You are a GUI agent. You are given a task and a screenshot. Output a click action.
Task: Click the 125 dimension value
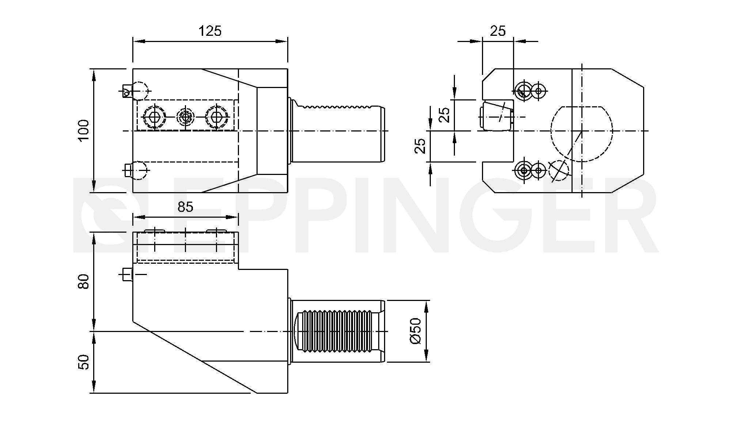click(210, 31)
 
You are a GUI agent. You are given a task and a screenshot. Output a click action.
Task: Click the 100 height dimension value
click(84, 130)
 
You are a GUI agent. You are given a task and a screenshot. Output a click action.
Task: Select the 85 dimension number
click(185, 207)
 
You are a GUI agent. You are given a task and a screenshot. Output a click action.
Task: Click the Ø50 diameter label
click(416, 331)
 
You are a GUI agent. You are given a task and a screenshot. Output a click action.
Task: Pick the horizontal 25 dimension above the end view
click(498, 31)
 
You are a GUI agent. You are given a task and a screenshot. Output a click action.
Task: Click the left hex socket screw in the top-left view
click(155, 117)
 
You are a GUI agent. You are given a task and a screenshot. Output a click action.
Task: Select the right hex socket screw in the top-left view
click(217, 117)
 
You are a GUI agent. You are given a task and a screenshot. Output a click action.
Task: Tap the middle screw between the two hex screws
click(186, 117)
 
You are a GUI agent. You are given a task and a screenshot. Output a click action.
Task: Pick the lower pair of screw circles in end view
click(530, 170)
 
